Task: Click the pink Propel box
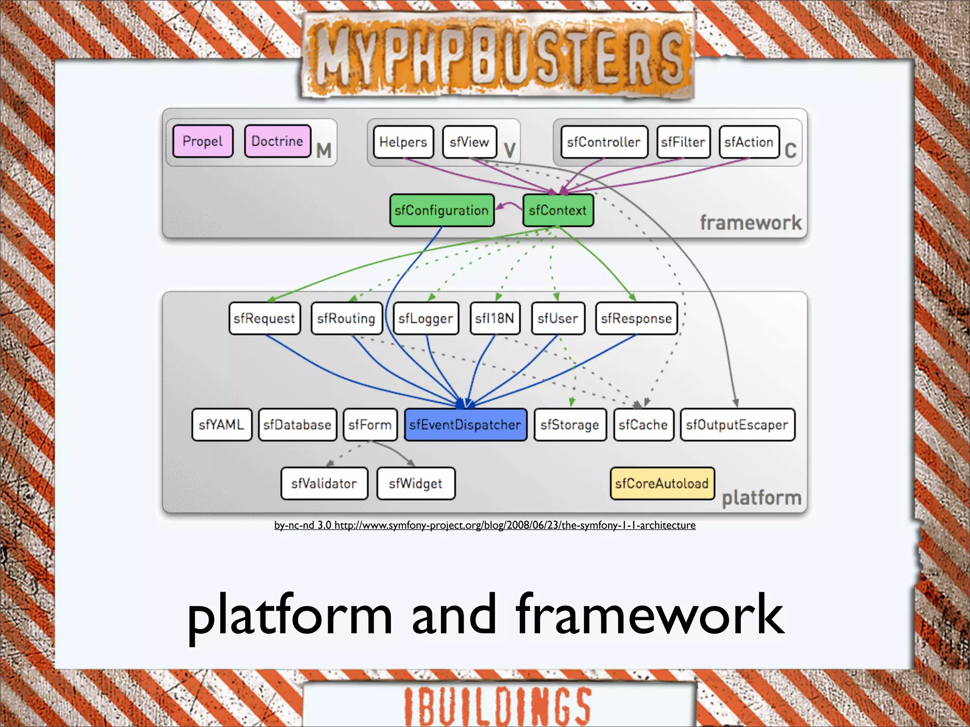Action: (203, 141)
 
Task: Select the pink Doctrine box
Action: (278, 141)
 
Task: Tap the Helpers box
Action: (403, 142)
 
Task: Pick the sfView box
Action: (469, 142)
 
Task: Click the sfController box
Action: (604, 142)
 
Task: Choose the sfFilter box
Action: (683, 142)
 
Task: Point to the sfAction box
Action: (749, 142)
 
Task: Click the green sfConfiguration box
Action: (441, 210)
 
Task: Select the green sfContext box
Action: (558, 210)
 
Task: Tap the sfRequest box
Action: (264, 319)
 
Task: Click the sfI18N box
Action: (494, 319)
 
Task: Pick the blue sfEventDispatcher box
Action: (465, 425)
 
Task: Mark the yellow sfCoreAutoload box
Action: (662, 483)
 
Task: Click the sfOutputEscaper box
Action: (737, 425)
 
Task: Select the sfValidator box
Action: (324, 483)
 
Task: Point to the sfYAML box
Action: (222, 425)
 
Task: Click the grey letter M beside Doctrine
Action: (324, 151)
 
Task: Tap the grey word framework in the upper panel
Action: (751, 222)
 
